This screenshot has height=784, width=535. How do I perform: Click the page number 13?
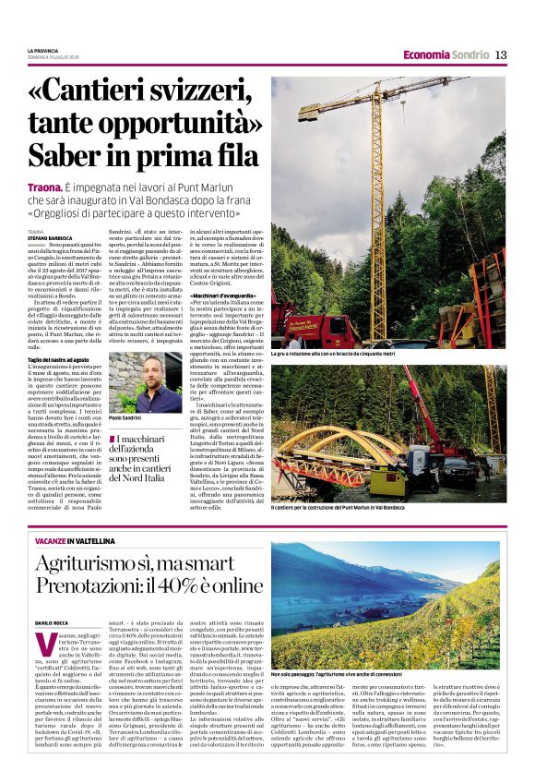[x=501, y=54]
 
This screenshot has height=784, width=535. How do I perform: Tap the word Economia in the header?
[x=426, y=54]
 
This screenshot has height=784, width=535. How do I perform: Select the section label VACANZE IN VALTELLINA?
[x=78, y=538]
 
